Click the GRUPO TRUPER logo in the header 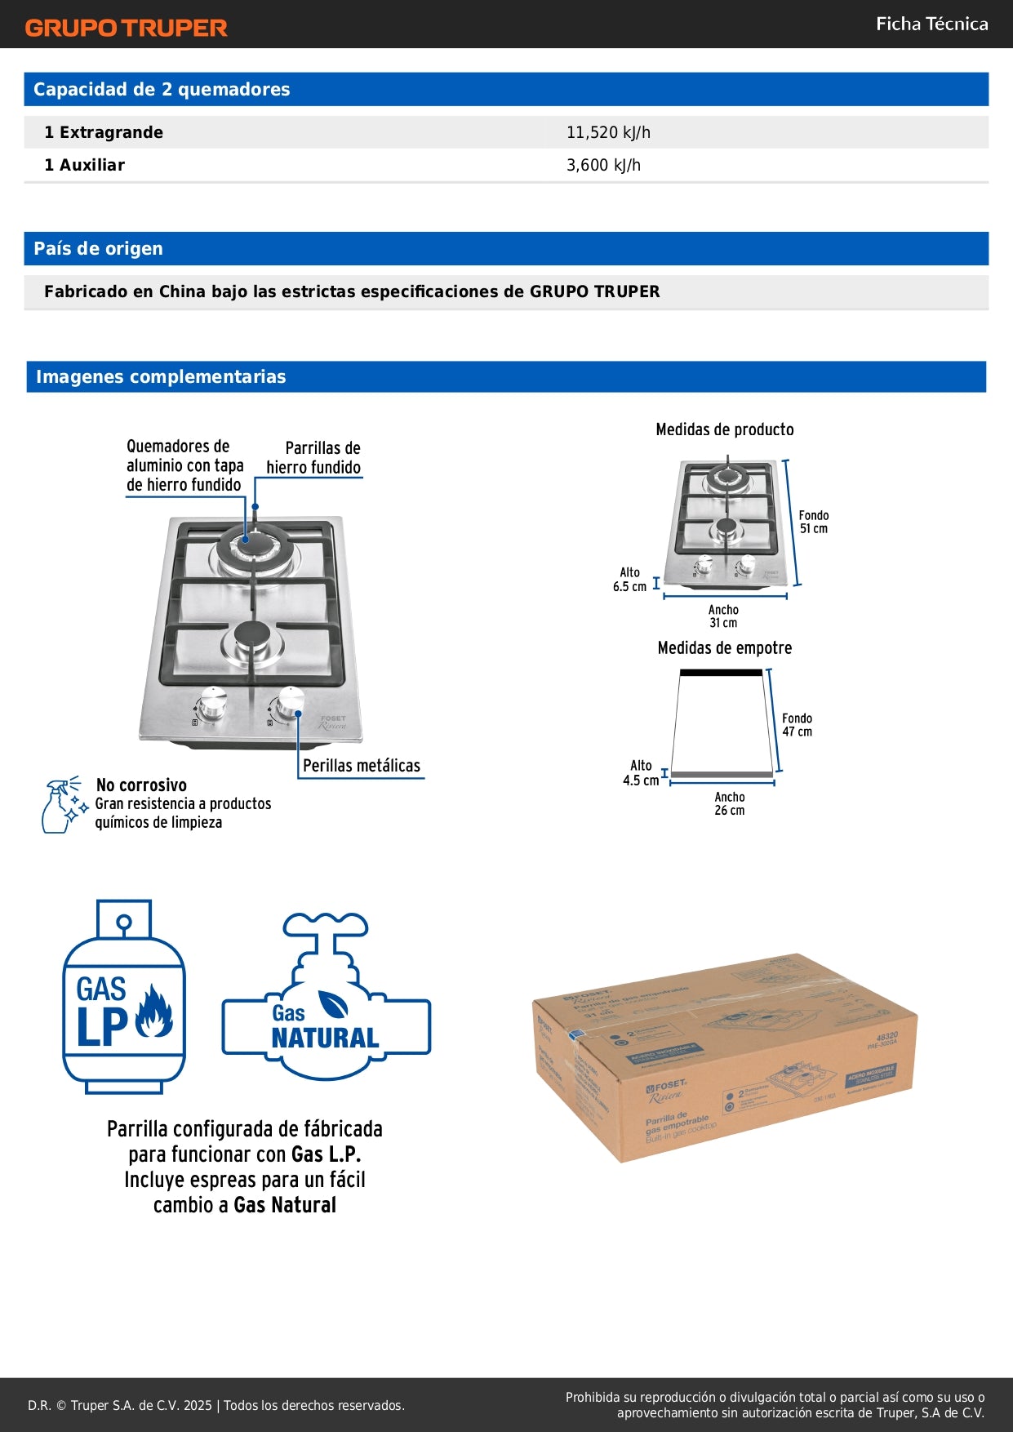[x=126, y=28]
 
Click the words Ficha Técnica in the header [x=931, y=24]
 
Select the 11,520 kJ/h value [x=608, y=132]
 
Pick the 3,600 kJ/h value [x=603, y=165]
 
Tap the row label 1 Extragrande [x=104, y=132]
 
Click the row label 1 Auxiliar [x=85, y=165]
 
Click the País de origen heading [x=98, y=249]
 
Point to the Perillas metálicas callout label [x=362, y=766]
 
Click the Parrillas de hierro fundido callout [x=314, y=458]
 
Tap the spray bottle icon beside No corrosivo [x=62, y=805]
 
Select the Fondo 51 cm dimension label [x=813, y=522]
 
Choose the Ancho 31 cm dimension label [x=723, y=616]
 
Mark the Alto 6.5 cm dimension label [x=629, y=580]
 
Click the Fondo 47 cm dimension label [x=797, y=725]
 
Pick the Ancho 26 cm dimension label [x=730, y=803]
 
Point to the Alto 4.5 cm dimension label [x=641, y=773]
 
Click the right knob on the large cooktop [x=291, y=702]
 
